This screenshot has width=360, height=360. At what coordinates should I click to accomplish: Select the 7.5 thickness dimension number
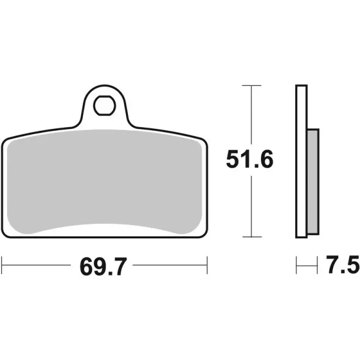click(343, 264)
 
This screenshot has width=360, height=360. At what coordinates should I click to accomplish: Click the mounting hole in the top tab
click(104, 107)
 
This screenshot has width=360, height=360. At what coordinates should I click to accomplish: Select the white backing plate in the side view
click(301, 162)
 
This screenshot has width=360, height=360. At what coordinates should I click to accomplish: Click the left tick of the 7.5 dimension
click(296, 264)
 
